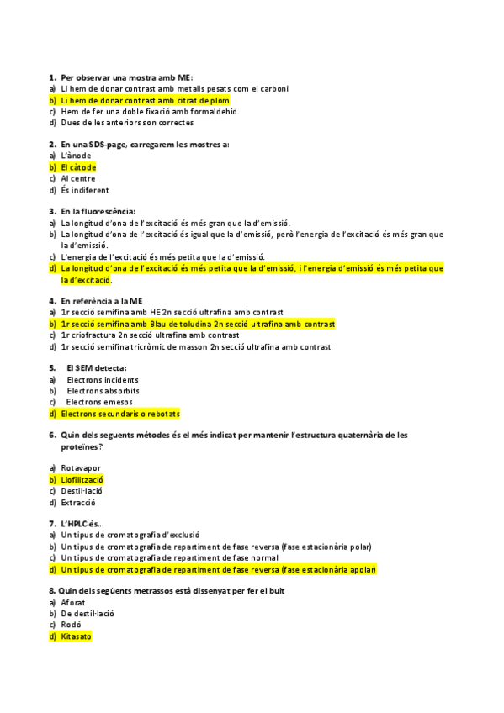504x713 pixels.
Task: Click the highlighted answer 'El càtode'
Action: click(x=78, y=167)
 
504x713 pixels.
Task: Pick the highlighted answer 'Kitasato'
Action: click(x=76, y=636)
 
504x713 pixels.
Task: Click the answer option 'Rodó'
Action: click(x=71, y=625)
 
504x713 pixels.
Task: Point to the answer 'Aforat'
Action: click(x=73, y=602)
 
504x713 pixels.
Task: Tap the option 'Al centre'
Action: click(x=78, y=178)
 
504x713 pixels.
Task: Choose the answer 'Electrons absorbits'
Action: click(x=103, y=391)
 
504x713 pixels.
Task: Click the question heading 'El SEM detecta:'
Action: click(x=97, y=367)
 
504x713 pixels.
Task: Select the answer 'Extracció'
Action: click(x=78, y=503)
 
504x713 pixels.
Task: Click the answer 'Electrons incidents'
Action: click(x=103, y=380)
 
